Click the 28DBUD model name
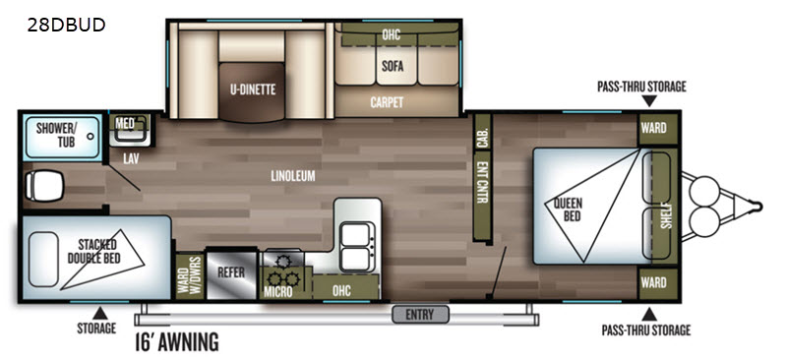[x=66, y=25]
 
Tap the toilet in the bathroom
[x=44, y=184]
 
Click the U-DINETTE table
[x=253, y=90]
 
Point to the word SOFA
[x=392, y=66]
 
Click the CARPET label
[x=387, y=102]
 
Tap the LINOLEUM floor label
[x=293, y=176]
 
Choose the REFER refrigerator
[x=231, y=273]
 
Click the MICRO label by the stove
[x=277, y=291]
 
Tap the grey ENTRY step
[x=420, y=315]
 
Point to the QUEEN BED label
[x=569, y=210]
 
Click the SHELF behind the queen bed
[x=667, y=207]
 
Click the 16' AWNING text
[x=177, y=342]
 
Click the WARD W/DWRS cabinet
[x=190, y=276]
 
